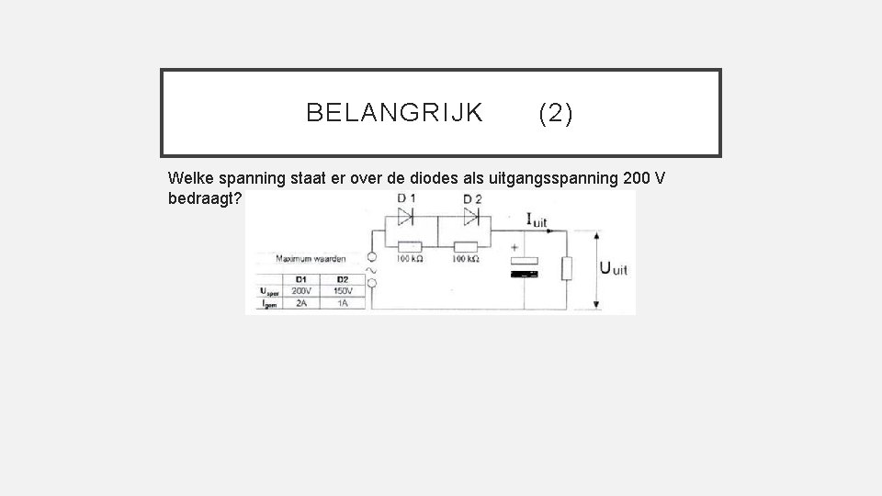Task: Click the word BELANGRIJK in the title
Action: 394,113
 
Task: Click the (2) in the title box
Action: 556,113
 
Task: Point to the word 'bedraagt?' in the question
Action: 207,198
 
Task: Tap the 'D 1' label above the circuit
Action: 405,199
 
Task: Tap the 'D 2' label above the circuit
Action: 472,199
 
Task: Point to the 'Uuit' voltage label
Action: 614,268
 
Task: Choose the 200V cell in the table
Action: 300,290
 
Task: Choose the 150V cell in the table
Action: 342,290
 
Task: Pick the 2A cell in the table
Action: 300,302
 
